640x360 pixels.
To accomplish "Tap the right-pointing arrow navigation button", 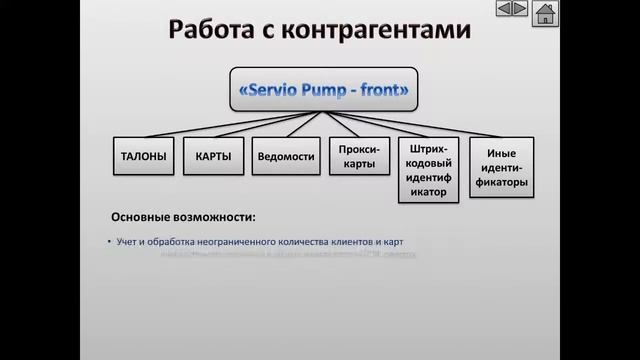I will pyautogui.click(x=519, y=9).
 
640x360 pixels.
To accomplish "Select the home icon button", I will pyautogui.click(x=544, y=13).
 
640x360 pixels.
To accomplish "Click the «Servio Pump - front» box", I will pyautogui.click(x=325, y=88).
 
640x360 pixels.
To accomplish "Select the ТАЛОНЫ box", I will pyautogui.click(x=143, y=157).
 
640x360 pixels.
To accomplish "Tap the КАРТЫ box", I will pyautogui.click(x=214, y=157).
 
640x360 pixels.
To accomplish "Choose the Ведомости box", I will pyautogui.click(x=286, y=157).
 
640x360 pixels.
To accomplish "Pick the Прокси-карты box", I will pyautogui.click(x=357, y=157).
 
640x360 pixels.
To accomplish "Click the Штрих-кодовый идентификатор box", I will pyautogui.click(x=429, y=170).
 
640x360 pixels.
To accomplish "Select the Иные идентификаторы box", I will pyautogui.click(x=501, y=167).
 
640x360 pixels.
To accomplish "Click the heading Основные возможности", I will pyautogui.click(x=183, y=216).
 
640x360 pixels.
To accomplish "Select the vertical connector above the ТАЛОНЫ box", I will pyautogui.click(x=143, y=131).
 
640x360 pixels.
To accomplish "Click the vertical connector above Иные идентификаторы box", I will pyautogui.click(x=501, y=131).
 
